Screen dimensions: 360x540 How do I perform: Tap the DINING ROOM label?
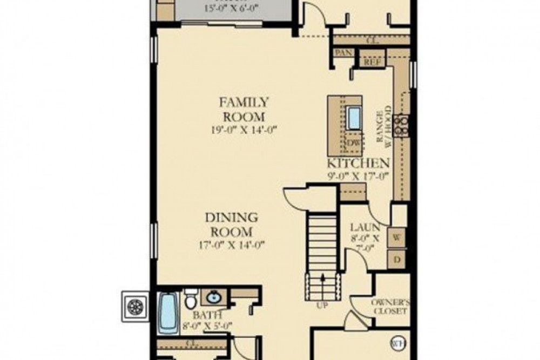(x=229, y=225)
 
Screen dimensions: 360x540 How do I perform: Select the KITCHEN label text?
(x=357, y=164)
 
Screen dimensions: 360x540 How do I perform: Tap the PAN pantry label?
(x=344, y=52)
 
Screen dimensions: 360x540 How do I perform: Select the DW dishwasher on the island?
(x=353, y=142)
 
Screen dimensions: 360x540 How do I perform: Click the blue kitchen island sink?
(x=354, y=119)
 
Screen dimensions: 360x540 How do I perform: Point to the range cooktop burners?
(x=402, y=125)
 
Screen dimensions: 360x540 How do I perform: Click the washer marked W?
(x=397, y=236)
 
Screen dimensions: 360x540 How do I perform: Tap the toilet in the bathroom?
(x=190, y=300)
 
